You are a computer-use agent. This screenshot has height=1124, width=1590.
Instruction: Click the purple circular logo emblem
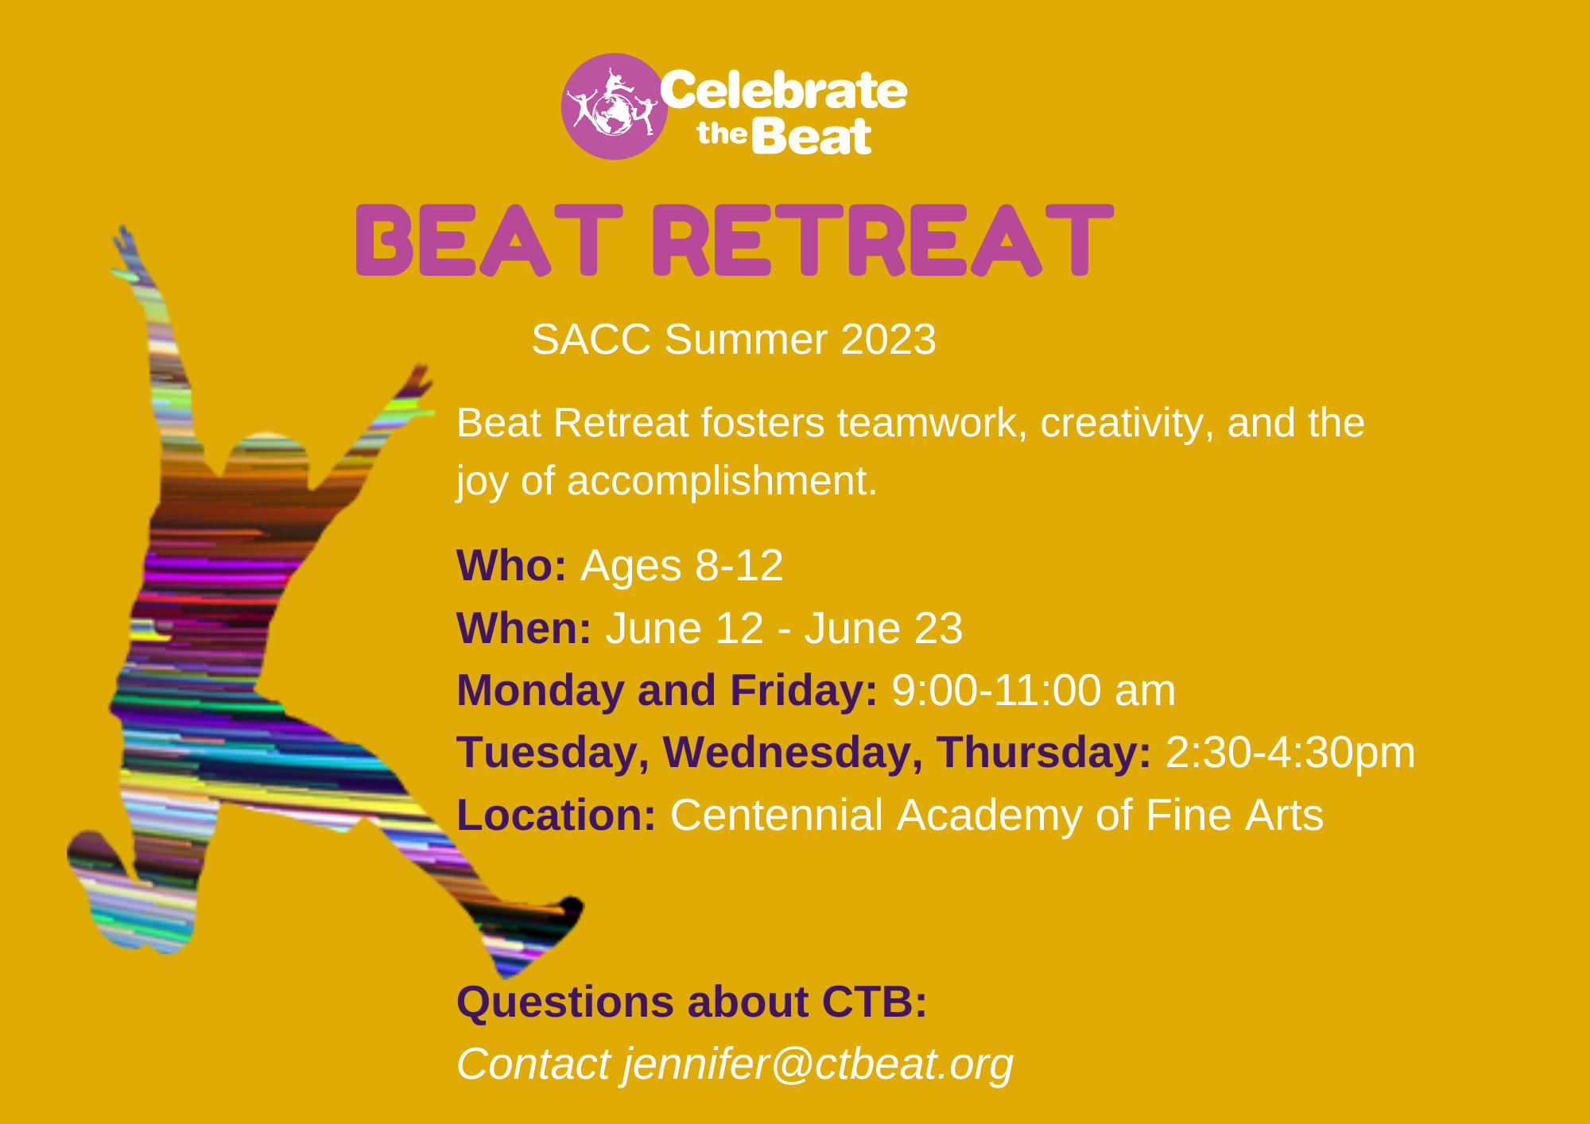(x=614, y=107)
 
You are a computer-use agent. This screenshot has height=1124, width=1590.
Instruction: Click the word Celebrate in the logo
(x=782, y=90)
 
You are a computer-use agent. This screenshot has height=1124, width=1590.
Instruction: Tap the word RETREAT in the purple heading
(x=882, y=240)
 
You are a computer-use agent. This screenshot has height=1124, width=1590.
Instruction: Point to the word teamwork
(x=926, y=423)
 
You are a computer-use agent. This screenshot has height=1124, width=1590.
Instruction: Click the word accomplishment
(x=722, y=481)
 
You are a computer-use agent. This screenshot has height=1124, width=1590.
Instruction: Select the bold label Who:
(x=511, y=566)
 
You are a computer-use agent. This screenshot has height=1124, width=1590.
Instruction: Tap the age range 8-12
(x=739, y=566)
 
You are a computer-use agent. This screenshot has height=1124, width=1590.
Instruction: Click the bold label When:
(x=524, y=629)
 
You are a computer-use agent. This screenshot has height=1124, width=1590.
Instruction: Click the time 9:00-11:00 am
(x=1033, y=690)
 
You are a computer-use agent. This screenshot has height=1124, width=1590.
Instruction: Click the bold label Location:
(x=556, y=815)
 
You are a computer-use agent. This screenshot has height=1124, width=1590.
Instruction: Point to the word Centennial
(x=776, y=815)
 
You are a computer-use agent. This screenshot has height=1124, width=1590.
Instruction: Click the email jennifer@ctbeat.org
(x=818, y=1064)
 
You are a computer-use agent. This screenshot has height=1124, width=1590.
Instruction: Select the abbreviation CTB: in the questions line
(x=874, y=1002)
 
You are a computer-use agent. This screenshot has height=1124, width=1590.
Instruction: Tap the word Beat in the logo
(x=811, y=137)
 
